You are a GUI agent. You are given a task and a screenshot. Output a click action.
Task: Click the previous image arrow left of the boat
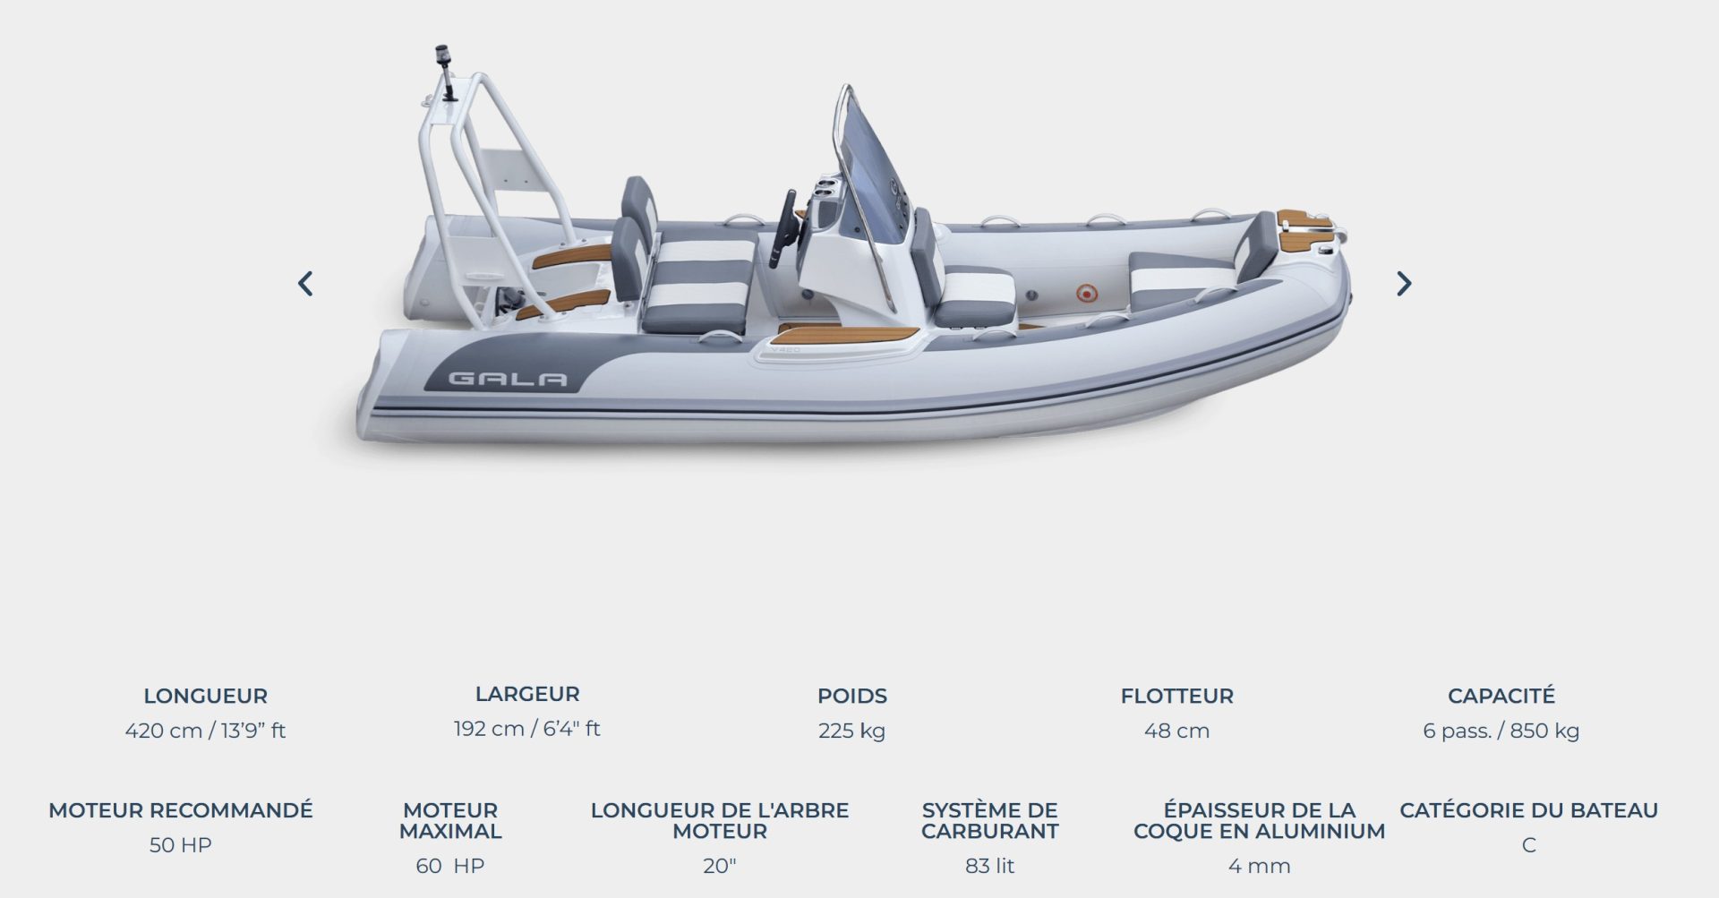click(305, 284)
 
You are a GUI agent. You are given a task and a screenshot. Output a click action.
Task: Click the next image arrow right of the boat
click(1404, 284)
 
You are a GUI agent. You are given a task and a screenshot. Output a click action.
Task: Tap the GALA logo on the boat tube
click(507, 379)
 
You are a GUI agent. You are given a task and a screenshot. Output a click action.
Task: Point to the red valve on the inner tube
click(1085, 292)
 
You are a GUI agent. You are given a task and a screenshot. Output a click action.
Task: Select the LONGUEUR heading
click(205, 696)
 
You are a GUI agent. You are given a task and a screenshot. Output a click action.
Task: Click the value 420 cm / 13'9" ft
click(205, 731)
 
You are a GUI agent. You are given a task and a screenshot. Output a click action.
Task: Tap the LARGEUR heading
click(527, 694)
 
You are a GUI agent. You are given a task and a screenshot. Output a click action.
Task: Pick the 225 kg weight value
click(851, 731)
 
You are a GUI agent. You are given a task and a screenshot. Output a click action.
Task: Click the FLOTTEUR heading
click(1176, 696)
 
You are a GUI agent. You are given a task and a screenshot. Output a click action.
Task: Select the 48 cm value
click(1176, 731)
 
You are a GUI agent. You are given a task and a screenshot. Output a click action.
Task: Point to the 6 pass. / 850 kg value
click(1501, 731)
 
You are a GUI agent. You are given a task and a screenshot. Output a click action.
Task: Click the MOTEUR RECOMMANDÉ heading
click(181, 810)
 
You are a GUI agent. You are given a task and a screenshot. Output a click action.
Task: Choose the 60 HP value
click(449, 866)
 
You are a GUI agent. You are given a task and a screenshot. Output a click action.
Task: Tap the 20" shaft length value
click(719, 866)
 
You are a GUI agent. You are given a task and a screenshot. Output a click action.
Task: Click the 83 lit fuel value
click(989, 866)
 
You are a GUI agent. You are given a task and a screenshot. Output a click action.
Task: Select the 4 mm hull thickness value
click(1259, 866)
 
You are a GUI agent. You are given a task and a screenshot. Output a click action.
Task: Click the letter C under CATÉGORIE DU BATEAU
click(1528, 845)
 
